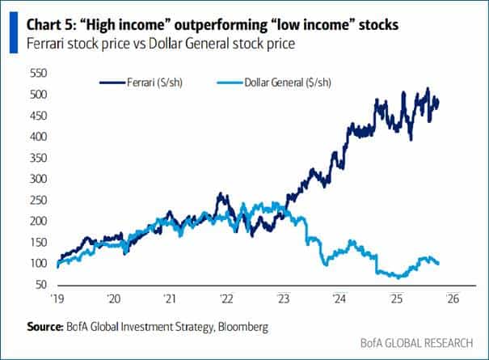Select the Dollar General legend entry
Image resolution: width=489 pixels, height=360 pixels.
pos(275,83)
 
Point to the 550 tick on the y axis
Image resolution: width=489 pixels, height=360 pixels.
pos(39,73)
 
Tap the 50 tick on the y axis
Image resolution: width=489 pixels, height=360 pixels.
pos(41,285)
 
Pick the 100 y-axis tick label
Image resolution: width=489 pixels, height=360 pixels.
pos(39,263)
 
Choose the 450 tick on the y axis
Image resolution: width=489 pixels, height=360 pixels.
pos(39,115)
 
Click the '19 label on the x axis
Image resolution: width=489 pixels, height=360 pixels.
pos(57,299)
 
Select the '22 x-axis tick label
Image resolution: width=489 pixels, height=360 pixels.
pos(227,299)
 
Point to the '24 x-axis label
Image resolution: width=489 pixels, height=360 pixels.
pos(340,299)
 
